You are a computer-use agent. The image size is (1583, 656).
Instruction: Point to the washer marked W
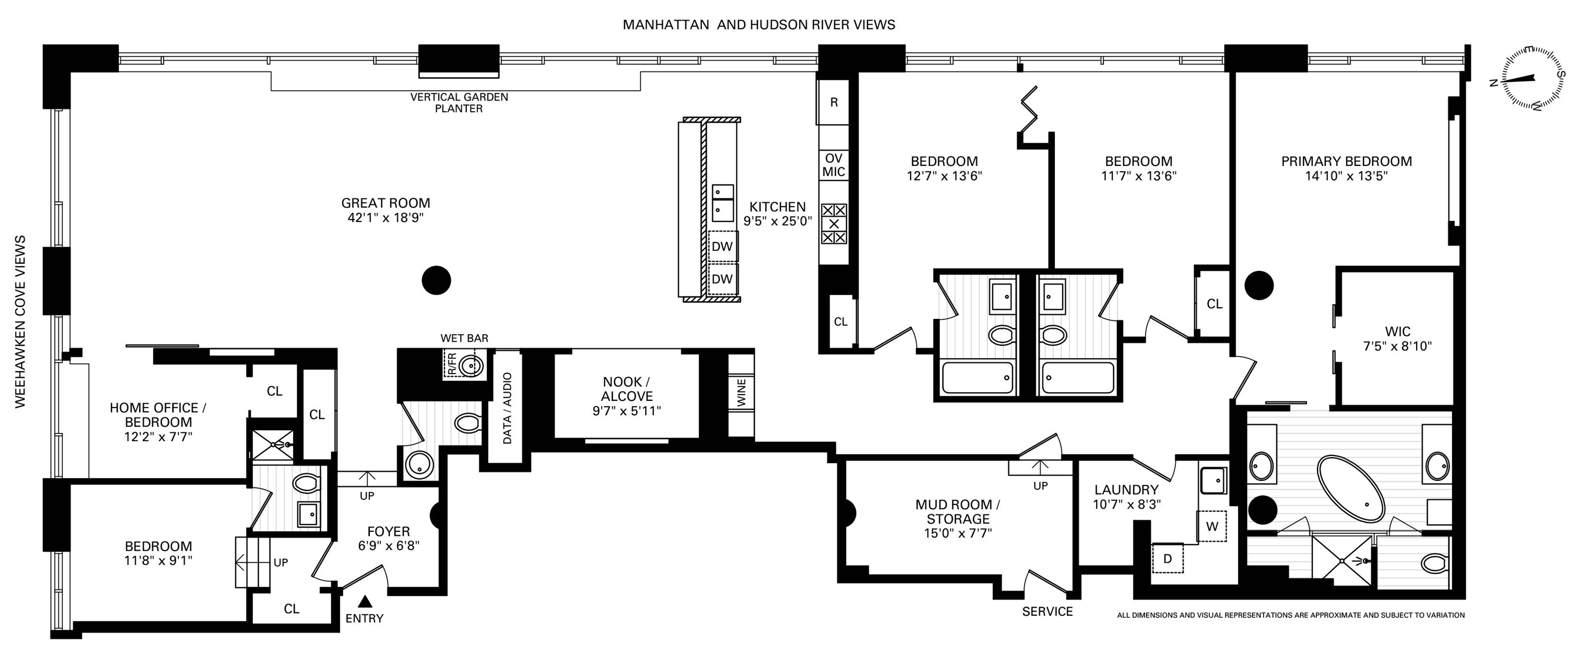click(x=1212, y=526)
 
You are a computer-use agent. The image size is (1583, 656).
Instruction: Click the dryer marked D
click(x=1168, y=558)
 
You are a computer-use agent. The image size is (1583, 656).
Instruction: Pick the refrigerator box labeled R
click(x=833, y=102)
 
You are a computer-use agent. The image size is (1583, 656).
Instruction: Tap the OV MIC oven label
click(x=833, y=165)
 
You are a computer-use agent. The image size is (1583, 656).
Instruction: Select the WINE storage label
click(x=741, y=392)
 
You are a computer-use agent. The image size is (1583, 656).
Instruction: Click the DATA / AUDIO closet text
click(x=507, y=408)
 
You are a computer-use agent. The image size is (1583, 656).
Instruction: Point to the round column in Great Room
click(x=436, y=280)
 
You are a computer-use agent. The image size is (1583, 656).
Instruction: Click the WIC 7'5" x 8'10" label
click(x=1397, y=339)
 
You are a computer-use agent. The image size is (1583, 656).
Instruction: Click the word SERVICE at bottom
click(x=1047, y=611)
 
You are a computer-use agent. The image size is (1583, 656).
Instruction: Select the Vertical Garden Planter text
click(x=459, y=103)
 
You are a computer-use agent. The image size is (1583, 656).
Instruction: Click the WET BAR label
click(x=464, y=338)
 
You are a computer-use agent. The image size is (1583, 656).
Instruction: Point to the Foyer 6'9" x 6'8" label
click(x=389, y=538)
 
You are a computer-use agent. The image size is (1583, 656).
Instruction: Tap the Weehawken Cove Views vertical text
click(x=20, y=321)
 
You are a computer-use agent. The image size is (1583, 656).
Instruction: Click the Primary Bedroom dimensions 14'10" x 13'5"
click(x=1346, y=176)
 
